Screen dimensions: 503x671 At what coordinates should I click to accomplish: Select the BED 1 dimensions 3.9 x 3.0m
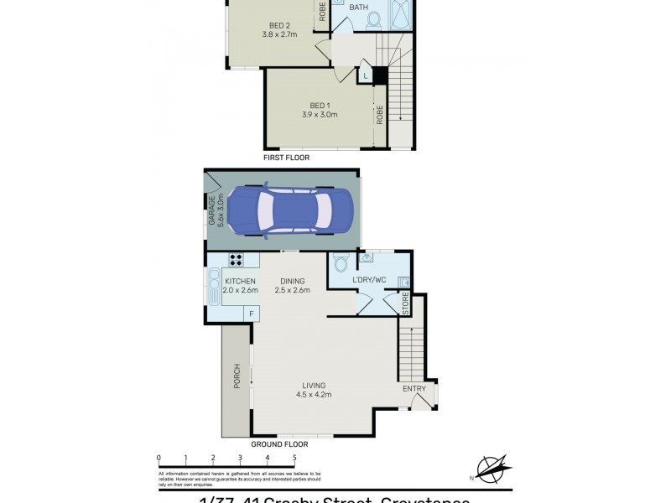pos(319,115)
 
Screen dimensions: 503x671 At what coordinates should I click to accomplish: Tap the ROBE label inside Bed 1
pos(380,114)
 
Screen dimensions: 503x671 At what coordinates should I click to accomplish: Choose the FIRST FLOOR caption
pos(286,158)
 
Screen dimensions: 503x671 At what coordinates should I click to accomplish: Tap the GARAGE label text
pos(211,210)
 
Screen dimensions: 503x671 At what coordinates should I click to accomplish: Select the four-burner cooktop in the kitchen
pos(237,260)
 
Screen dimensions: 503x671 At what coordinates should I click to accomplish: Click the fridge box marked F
pos(248,314)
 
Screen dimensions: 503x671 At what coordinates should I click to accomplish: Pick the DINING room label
pos(293,281)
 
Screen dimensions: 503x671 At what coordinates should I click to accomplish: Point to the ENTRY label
pos(414,388)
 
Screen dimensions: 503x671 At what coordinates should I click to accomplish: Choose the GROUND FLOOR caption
pos(280,443)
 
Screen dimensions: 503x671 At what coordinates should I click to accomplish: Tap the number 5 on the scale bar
pos(294,458)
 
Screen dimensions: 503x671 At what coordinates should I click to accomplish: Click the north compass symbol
pos(493,466)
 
